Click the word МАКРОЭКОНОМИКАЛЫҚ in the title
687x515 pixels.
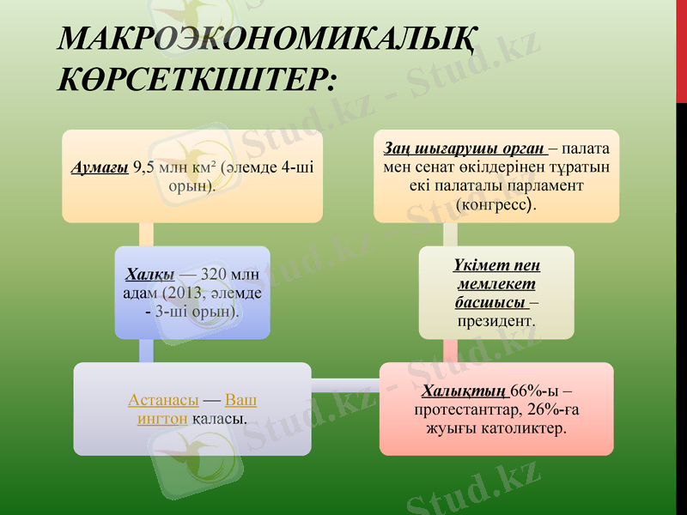tap(265, 39)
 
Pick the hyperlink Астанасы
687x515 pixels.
tap(163, 401)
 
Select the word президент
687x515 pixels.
tap(495, 320)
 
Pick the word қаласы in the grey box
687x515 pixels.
tap(217, 419)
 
